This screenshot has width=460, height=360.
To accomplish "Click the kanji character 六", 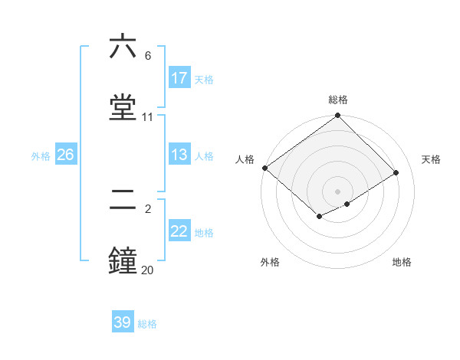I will click(123, 47).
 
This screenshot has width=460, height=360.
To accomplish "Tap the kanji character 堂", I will click(123, 107).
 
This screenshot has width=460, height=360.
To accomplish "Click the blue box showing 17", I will click(179, 78).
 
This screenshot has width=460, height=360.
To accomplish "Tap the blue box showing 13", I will click(179, 155).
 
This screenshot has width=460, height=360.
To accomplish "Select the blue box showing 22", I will click(179, 232).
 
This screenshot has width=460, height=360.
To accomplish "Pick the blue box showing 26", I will click(65, 155).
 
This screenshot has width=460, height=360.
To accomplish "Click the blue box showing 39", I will click(123, 322).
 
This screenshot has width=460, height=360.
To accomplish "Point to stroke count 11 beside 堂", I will click(148, 117).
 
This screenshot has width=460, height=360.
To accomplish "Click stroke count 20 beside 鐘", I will click(147, 270).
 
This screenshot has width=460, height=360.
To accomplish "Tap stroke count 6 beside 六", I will click(147, 56).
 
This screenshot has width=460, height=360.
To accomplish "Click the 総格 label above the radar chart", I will click(338, 100).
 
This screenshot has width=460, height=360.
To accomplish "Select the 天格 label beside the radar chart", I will click(432, 159).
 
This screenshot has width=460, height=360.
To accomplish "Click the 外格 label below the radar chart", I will click(270, 263).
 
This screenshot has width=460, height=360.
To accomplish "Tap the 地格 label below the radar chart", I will click(402, 263).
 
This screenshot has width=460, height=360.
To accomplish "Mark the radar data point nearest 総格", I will click(338, 116).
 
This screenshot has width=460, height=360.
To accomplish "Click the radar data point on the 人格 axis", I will click(264, 168).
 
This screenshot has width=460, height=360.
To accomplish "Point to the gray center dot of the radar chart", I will click(338, 191).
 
